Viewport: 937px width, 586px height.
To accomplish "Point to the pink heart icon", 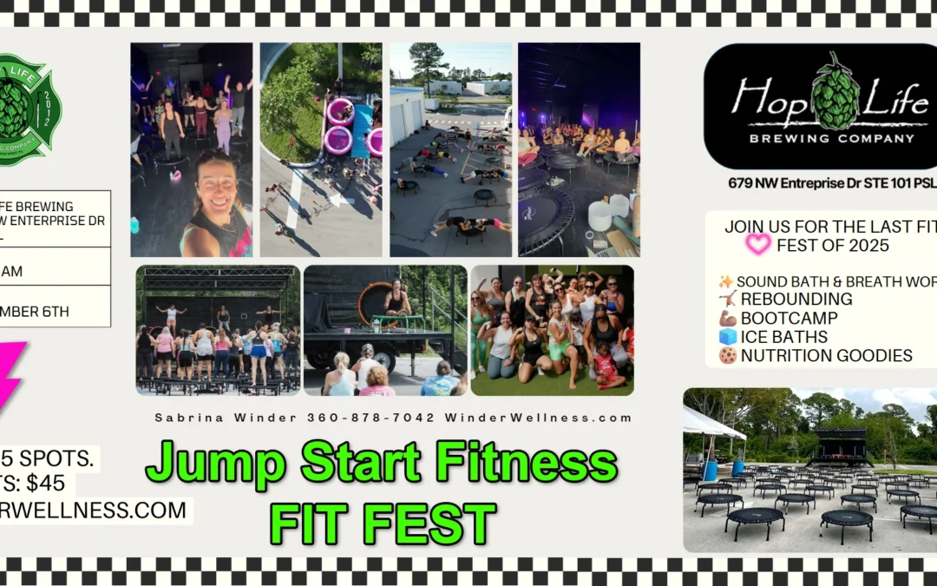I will point(757,245).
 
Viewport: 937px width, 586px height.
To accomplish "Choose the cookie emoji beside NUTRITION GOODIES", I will point(727,356).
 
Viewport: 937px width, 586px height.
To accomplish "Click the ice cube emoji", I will point(727,337).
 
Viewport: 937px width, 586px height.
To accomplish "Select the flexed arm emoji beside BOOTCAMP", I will point(727,318).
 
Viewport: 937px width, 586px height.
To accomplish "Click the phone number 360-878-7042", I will point(370,418).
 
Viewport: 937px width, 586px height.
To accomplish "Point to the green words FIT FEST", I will point(383,523).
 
